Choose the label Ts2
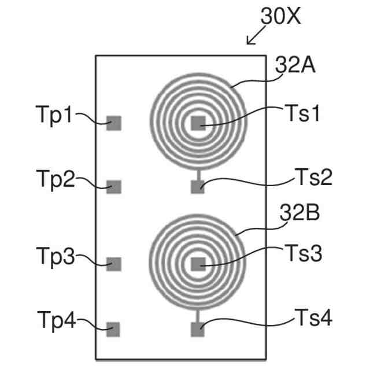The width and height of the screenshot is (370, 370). pos(314,177)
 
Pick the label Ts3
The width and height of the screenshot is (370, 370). pos(302,252)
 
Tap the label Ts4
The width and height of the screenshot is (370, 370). pos(314,317)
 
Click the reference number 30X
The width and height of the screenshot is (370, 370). pos(281,16)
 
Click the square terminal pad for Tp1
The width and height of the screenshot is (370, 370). pos(114,123)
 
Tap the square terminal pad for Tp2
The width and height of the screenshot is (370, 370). pos(114,187)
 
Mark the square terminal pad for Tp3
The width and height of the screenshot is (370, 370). pos(114,264)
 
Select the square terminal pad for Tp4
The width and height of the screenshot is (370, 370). pos(113,330)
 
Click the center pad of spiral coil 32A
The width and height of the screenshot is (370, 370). pos(198,122)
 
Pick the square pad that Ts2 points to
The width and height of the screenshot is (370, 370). pos(198,187)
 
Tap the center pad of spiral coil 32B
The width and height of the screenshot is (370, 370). pos(198,264)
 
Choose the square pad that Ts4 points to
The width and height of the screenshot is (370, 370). pos(198,330)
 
